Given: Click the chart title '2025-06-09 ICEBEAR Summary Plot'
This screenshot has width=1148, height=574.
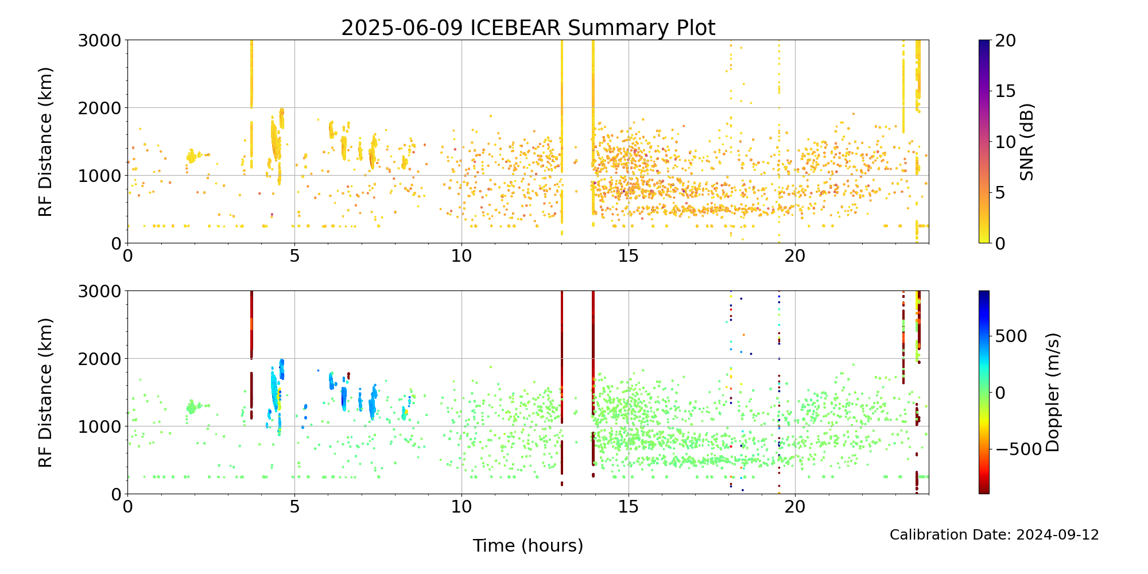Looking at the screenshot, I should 528,28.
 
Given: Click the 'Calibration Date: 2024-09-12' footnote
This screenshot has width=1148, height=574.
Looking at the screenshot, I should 994,535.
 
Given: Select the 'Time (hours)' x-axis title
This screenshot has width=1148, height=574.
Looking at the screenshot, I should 528,545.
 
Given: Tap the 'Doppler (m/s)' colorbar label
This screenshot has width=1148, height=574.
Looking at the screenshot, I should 1053,392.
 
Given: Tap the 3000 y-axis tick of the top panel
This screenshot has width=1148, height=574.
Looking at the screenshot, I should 100,40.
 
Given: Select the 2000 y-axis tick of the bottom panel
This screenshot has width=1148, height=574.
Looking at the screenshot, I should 100,359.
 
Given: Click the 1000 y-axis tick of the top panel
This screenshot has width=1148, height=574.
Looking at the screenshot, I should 100,176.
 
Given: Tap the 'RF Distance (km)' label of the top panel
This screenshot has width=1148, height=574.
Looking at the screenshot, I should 45,142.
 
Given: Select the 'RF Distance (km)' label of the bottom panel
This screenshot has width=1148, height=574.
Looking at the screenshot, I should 45,392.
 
